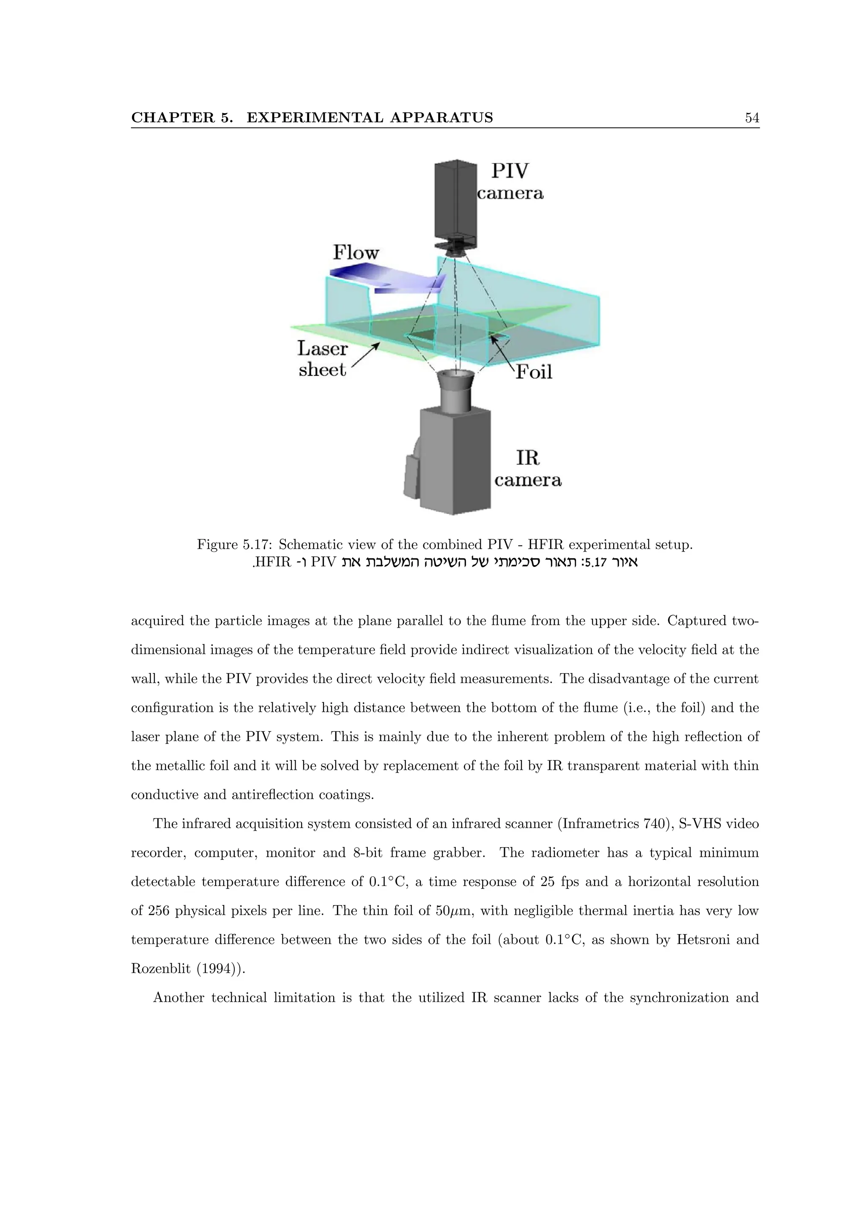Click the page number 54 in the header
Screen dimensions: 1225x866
[x=752, y=118]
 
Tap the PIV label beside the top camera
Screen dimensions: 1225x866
[x=510, y=171]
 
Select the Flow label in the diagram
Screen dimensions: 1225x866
[x=356, y=252]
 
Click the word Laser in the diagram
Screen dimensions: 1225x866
[x=322, y=348]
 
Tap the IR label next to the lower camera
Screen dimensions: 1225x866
[x=527, y=458]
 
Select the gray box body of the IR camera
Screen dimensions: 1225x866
[x=455, y=459]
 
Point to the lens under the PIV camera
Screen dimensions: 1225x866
[x=454, y=246]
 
